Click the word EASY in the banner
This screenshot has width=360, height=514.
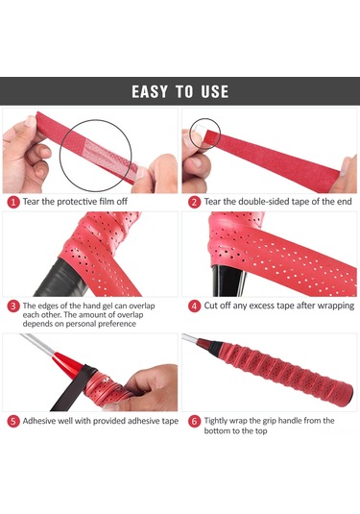[x=150, y=92]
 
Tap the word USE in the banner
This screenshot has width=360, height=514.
[x=214, y=92]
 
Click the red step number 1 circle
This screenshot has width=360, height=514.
[x=13, y=202]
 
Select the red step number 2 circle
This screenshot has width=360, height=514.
[x=194, y=202]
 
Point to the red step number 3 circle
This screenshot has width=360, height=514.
[x=13, y=306]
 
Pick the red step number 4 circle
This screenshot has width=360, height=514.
[x=194, y=306]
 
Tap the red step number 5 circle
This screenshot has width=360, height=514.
[x=13, y=421]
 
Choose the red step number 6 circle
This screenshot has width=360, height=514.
[x=194, y=421]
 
